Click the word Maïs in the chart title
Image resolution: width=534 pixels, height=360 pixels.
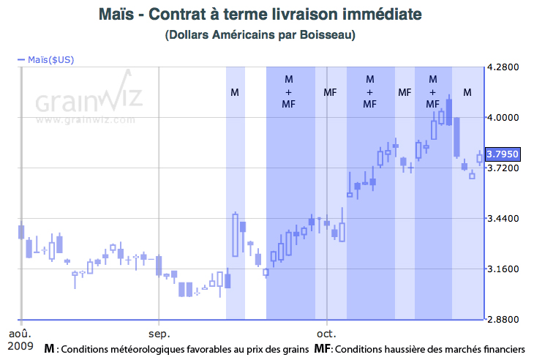coord(115,14)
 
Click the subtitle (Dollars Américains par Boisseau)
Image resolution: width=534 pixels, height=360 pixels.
coord(266,34)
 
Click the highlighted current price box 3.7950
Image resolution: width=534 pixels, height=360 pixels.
coord(503,154)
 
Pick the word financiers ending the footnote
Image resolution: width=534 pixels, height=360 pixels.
coord(503,350)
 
